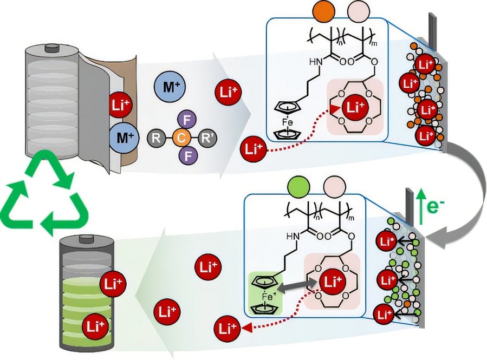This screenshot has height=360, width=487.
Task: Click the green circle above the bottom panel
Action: click(298, 187)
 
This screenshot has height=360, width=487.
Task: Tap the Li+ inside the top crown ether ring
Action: click(355, 107)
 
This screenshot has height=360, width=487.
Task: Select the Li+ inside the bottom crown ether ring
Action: click(332, 282)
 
